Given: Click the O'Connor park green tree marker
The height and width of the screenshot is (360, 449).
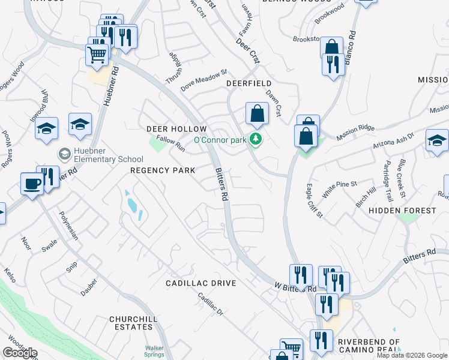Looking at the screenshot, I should click(257, 140).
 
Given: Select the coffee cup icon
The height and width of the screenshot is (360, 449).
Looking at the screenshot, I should click(31, 184).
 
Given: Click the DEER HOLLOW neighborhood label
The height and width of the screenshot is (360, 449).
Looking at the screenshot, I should click(176, 129).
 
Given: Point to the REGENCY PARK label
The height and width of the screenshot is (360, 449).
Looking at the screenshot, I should click(163, 170).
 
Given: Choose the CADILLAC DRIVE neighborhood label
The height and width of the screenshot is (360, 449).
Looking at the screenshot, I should click(201, 283).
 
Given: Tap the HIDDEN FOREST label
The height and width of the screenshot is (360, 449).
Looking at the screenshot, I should click(402, 211).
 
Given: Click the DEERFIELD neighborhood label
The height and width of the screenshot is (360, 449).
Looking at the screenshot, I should click(249, 83).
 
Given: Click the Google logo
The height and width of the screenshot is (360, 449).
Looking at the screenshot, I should click(20, 353).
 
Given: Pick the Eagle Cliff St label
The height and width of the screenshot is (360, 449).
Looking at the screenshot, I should click(315, 200).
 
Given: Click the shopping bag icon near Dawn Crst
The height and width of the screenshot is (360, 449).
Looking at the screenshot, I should click(257, 114).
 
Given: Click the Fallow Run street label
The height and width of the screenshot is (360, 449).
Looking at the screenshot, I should click(170, 144).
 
